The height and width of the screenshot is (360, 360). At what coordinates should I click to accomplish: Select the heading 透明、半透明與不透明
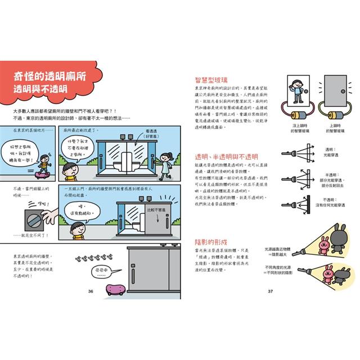pyautogui.click(x=225, y=156)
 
